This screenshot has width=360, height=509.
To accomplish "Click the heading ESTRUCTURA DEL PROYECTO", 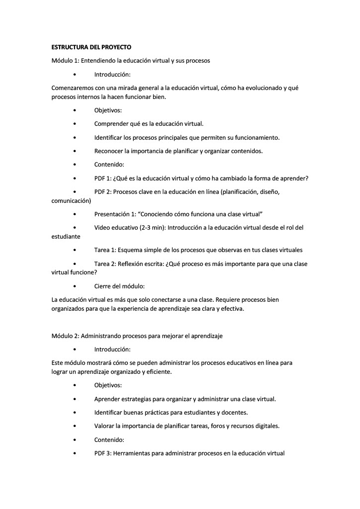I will [x=91, y=47].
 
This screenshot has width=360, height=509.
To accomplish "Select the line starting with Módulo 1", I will [x=131, y=61].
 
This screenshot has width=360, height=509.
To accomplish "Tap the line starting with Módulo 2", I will [x=137, y=336].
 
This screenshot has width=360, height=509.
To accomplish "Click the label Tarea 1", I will [x=105, y=250].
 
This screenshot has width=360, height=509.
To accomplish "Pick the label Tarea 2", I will [x=105, y=264].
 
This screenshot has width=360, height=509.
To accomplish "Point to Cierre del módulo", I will [x=119, y=286].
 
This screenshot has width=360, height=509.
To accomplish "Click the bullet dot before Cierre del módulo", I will [x=74, y=286].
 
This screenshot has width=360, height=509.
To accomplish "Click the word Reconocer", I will [x=109, y=151].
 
